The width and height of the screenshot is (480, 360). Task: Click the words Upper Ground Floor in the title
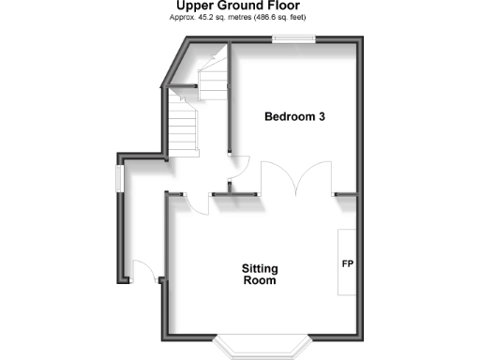(x=239, y=6)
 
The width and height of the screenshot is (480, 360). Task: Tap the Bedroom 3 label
(x=295, y=117)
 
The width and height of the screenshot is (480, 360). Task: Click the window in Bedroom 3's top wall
(x=293, y=38)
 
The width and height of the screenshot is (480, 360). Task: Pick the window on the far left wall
(x=118, y=178)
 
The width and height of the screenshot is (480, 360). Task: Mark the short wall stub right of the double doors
(x=344, y=194)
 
